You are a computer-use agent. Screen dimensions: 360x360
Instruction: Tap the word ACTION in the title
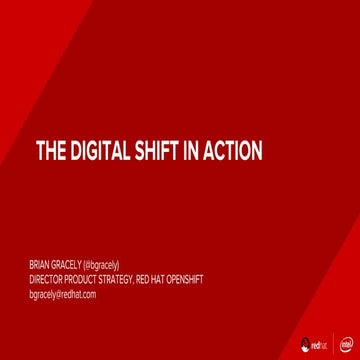(233, 151)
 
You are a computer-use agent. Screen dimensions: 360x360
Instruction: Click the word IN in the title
(195, 151)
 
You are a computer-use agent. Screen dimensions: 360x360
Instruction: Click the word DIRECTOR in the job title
(46, 280)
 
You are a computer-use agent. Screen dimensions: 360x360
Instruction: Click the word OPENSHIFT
(182, 280)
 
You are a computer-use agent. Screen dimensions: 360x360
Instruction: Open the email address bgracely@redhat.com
(62, 295)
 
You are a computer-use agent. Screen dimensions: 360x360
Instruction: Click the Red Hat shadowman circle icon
(303, 344)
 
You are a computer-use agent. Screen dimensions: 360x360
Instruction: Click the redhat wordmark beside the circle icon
(320, 345)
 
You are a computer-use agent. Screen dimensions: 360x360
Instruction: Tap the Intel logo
(345, 344)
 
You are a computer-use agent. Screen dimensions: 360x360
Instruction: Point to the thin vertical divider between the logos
(334, 344)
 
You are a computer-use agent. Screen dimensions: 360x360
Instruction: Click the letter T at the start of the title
(41, 151)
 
